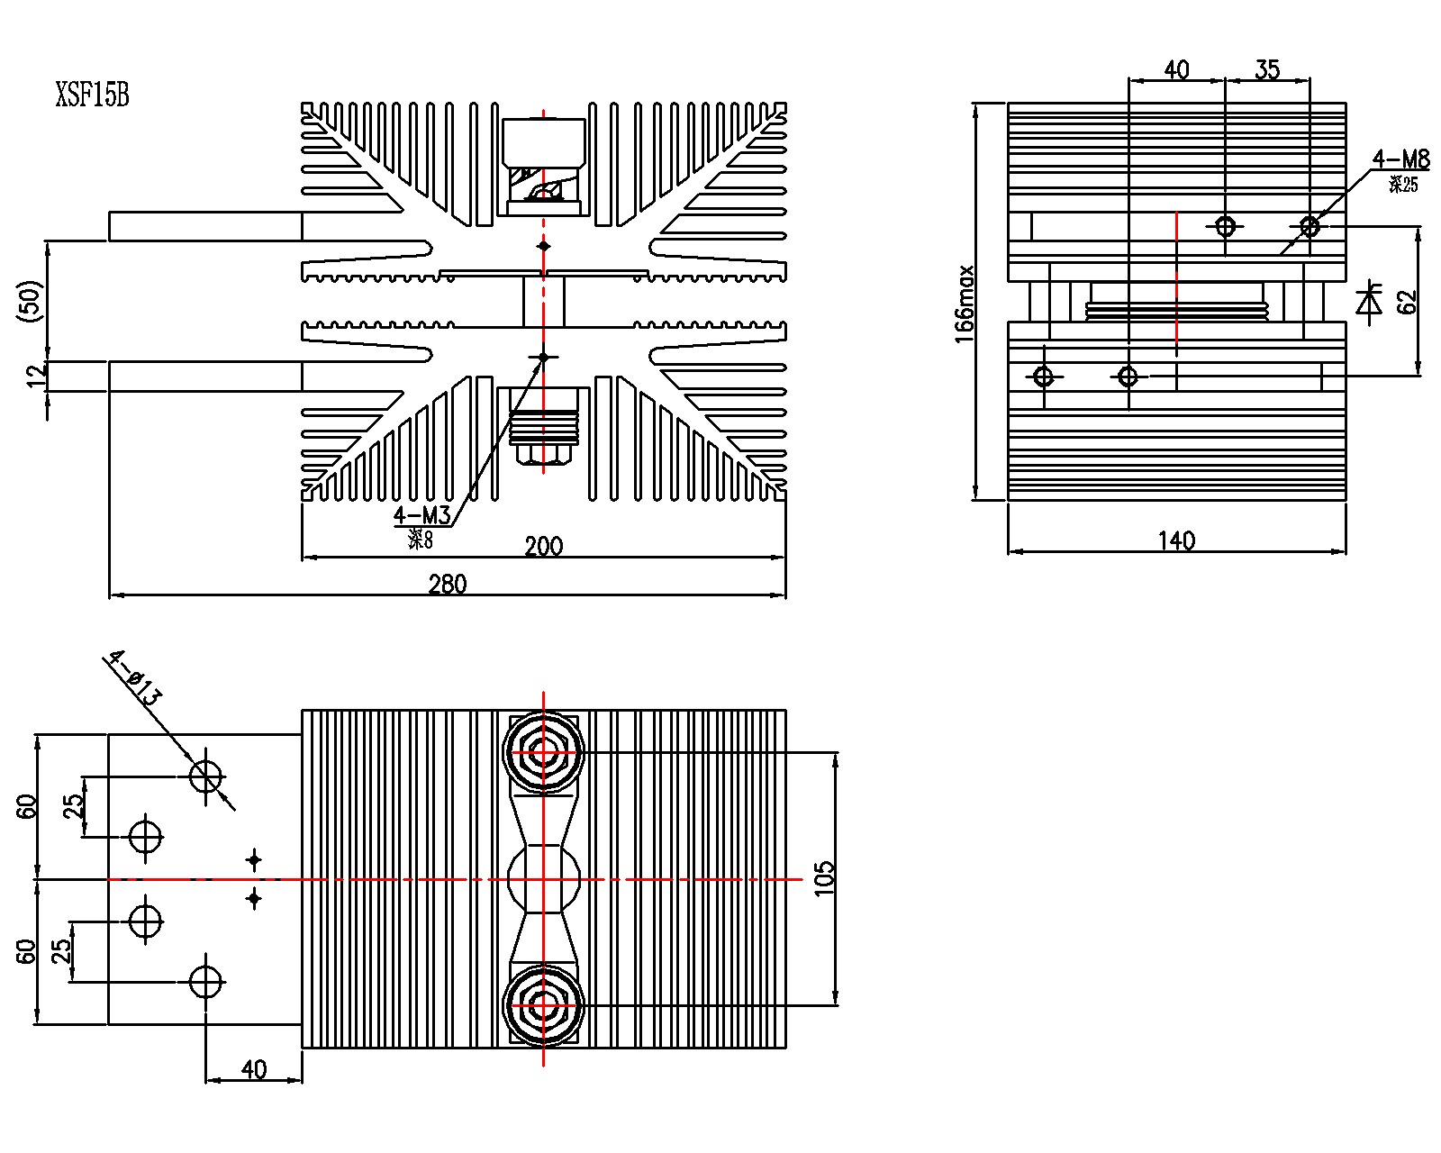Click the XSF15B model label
93,95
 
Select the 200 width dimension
544,546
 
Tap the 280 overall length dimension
448,585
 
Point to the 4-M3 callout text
421,516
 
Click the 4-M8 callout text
1400,160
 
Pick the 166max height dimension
965,304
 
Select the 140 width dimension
1176,540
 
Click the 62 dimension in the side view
1407,303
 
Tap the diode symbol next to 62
1370,303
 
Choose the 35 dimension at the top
1267,70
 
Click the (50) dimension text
31,301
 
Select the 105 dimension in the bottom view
824,878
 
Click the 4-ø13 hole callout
135,677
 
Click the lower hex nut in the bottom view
543,1005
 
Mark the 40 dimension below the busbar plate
254,1069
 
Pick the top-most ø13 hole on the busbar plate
206,776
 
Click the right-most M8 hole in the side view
1310,226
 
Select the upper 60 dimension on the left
28,806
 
